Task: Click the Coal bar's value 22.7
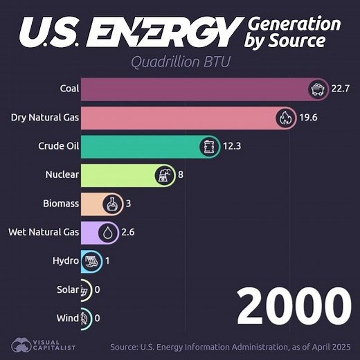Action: pyautogui.click(x=341, y=89)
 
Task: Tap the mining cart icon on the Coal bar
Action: pyautogui.click(x=317, y=89)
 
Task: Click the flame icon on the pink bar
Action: pyautogui.click(x=285, y=118)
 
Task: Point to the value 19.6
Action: pyautogui.click(x=308, y=118)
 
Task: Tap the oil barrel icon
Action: pyautogui.click(x=208, y=146)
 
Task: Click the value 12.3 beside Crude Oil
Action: pyautogui.click(x=232, y=146)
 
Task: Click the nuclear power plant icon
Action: pyautogui.click(x=165, y=175)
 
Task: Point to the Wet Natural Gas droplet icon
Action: pyautogui.click(x=107, y=233)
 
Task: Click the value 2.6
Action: pyautogui.click(x=128, y=233)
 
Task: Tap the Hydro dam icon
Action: pyautogui.click(x=91, y=262)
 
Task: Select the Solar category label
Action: pyautogui.click(x=66, y=289)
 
